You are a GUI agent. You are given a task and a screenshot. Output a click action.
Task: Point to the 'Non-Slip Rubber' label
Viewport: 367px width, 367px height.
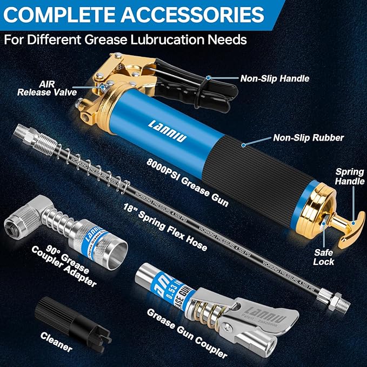coord(308,138)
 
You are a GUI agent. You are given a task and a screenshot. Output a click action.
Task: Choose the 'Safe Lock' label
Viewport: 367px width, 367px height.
coord(324,256)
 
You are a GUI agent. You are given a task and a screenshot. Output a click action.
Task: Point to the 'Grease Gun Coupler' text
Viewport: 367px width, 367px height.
coord(186,333)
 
